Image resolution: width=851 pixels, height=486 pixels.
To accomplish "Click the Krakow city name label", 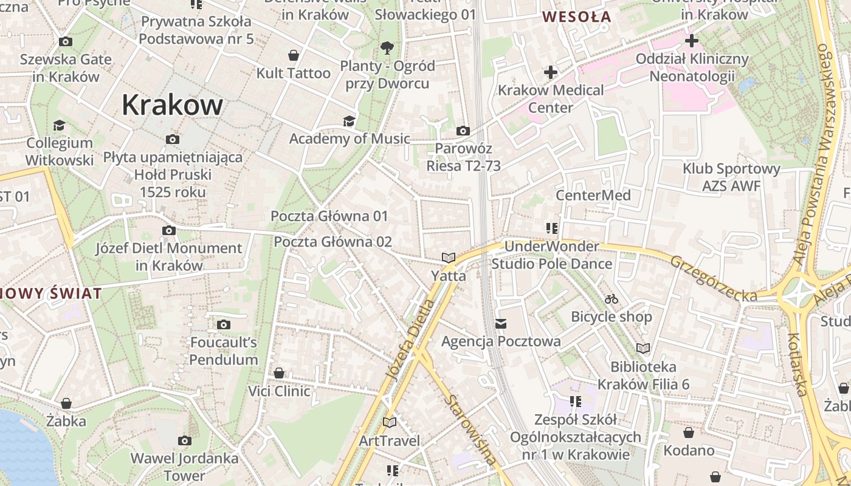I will coord(173,105).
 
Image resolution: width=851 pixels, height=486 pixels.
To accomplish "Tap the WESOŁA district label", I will coord(576,17).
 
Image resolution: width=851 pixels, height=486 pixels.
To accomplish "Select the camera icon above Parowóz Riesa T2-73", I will coord(463,131).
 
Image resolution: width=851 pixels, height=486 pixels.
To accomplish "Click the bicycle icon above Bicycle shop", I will coord(612,299).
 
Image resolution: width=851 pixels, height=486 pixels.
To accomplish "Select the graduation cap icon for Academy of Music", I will coord(349,122).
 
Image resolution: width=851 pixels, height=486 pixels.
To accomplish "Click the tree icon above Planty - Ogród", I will coord(387,48).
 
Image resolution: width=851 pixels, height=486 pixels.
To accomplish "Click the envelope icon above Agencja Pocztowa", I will coord(501,324).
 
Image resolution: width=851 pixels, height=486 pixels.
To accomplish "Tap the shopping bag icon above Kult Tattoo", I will coord(294,56).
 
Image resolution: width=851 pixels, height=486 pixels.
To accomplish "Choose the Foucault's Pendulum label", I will coord(224,351).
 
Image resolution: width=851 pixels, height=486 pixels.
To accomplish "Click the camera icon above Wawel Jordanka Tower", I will coord(185,440).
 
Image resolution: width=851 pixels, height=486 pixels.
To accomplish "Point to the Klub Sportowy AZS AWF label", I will coord(731,177).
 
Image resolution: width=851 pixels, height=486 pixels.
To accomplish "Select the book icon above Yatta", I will coord(449,258).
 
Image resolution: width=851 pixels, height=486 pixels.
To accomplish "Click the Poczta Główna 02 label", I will coord(332,242).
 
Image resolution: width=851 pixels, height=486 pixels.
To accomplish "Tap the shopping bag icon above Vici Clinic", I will coord(279,373).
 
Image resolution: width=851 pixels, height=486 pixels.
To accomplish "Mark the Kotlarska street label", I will coord(797,364).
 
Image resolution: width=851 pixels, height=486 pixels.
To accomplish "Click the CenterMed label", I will coord(593,196).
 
